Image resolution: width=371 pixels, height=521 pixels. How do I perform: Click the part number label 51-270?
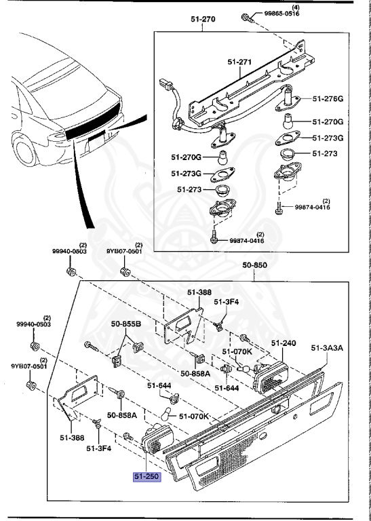[203, 20]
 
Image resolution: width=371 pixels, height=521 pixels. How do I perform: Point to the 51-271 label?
[239, 62]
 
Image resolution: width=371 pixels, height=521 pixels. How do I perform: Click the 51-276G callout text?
[329, 99]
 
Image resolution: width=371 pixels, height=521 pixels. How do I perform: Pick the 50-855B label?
[127, 325]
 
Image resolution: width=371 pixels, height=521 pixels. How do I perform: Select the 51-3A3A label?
[328, 348]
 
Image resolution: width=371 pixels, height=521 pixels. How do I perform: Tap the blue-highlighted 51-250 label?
[147, 477]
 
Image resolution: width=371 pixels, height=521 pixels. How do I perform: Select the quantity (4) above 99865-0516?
[277, 7]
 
